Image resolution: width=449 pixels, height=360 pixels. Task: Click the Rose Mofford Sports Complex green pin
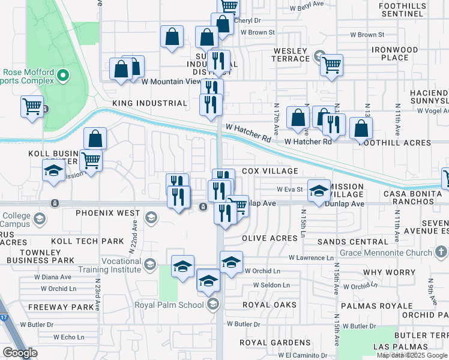pos(62,76)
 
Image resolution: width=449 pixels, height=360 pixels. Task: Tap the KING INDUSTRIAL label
pos(150,103)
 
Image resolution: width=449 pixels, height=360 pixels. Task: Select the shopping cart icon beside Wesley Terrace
pos(331,64)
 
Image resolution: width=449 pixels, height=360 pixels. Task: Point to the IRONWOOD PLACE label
pos(394,53)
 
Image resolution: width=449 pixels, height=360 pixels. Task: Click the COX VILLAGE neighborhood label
pos(270,171)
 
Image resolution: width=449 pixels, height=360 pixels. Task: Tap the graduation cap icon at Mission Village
pos(319,191)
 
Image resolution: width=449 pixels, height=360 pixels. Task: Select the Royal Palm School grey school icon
pos(212,305)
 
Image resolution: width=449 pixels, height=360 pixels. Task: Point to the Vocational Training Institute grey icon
pos(150,263)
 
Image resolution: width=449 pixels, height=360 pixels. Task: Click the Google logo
pos(19,353)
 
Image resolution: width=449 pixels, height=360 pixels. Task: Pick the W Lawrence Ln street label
pos(310,258)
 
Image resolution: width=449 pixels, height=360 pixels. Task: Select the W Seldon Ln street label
pos(267,285)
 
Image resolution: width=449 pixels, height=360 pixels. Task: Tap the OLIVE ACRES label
pos(270,238)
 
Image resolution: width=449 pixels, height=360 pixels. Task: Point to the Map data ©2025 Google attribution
pos(412,355)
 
